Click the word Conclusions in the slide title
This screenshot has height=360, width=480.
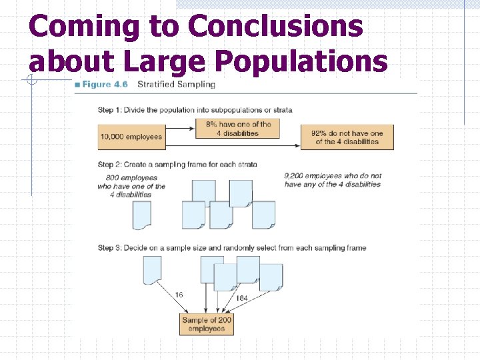coord(275,27)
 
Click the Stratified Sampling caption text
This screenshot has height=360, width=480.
coord(176,85)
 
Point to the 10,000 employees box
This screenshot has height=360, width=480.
coord(131,137)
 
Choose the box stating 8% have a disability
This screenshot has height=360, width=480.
coord(238,129)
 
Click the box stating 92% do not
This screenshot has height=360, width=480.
coord(347,137)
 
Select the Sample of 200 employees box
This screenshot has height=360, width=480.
coord(207,325)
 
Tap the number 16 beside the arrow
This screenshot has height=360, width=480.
coord(179,294)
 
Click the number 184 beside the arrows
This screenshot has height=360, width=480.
coord(241,298)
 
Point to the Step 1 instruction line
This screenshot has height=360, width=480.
coord(195,110)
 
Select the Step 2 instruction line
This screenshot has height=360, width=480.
coord(177,164)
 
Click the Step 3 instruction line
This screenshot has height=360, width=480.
coord(232,248)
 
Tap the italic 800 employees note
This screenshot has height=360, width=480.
coord(131,186)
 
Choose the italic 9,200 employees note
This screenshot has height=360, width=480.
coord(333,180)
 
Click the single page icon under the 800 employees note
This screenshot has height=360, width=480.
coord(142,215)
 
